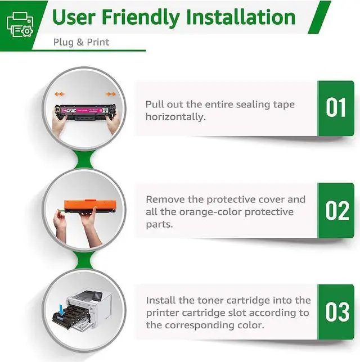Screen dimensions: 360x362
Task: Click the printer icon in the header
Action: (x=20, y=25)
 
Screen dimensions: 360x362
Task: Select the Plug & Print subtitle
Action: (x=81, y=42)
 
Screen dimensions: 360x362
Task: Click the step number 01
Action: (x=336, y=107)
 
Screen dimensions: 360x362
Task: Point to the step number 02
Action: (x=337, y=210)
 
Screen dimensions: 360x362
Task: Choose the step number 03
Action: (x=337, y=311)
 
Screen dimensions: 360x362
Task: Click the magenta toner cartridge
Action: (x=85, y=112)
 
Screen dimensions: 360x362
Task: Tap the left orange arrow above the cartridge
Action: (x=60, y=94)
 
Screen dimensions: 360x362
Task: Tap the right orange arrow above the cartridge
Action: (x=111, y=94)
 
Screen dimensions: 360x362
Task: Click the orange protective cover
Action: (x=91, y=205)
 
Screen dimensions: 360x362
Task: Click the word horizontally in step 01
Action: (x=175, y=117)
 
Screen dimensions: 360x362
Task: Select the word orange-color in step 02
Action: (x=210, y=212)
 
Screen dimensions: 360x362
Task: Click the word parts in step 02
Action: (x=159, y=224)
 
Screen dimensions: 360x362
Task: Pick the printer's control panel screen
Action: (x=97, y=295)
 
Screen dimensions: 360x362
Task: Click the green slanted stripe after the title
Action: (x=319, y=17)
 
